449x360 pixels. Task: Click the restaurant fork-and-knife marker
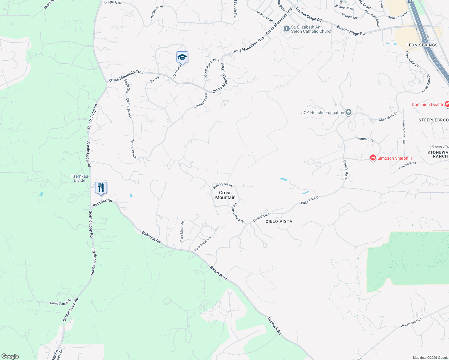101,188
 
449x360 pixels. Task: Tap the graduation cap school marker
182,57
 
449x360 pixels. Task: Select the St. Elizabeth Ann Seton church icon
287,29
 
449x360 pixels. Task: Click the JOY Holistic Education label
323,112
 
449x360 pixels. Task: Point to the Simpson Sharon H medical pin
373,158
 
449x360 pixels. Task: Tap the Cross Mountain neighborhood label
225,195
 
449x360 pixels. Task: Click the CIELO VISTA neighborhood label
279,221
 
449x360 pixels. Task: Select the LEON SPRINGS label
422,45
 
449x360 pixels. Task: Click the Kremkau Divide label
80,178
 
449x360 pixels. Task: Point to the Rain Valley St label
223,185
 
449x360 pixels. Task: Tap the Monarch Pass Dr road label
238,213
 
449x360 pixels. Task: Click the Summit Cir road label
365,139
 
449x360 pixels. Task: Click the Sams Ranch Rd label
61,303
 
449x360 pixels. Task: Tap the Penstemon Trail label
404,132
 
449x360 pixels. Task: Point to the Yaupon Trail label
407,165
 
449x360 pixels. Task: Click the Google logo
10,356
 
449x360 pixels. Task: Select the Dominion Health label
427,104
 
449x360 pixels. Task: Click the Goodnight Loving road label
211,67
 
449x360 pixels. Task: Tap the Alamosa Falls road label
265,17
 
